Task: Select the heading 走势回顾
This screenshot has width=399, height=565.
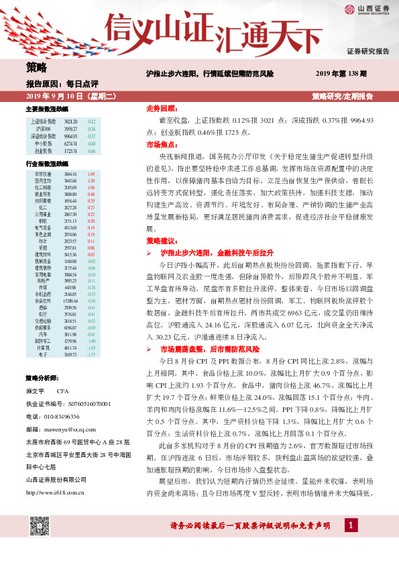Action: (161, 108)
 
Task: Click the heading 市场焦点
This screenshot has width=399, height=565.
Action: (161, 144)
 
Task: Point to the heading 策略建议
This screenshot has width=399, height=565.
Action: (161, 240)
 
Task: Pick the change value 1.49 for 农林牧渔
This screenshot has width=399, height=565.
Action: (91, 174)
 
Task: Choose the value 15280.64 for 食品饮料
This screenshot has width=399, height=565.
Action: (70, 301)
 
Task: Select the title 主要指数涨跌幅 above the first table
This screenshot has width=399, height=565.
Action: (46, 109)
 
